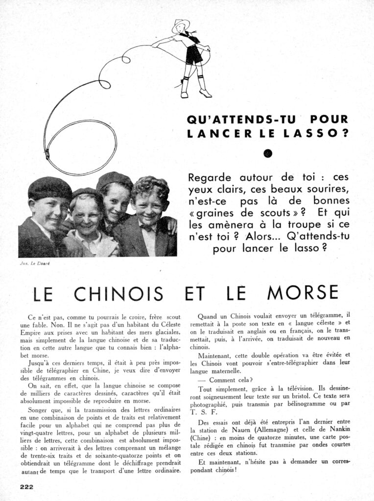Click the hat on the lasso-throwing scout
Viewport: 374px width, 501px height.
coord(181,24)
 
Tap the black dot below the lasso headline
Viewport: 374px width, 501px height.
coord(268,154)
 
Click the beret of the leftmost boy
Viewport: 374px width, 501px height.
coord(49,188)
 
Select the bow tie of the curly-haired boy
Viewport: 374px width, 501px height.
coord(146,228)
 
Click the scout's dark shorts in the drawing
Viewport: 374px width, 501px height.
coord(194,55)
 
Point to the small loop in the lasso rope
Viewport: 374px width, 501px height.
coord(104,80)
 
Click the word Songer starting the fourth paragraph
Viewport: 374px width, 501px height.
coord(39,409)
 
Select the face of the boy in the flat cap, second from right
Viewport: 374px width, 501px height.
coord(116,201)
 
